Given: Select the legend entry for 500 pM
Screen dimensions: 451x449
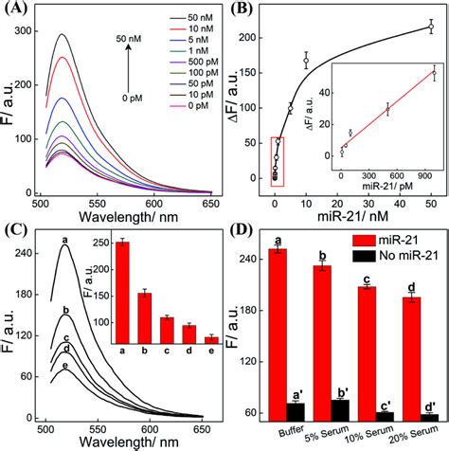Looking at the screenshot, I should pos(183,80).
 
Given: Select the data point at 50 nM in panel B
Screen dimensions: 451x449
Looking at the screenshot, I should pos(431,28).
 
